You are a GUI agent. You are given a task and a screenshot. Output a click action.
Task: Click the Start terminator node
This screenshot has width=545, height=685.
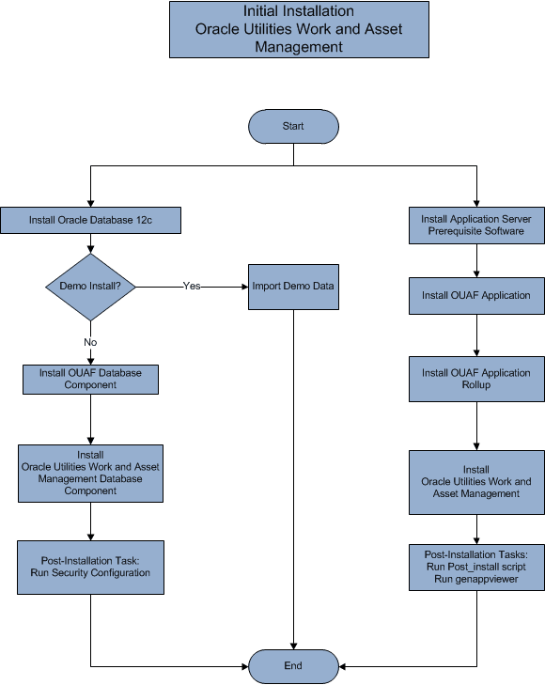pyautogui.click(x=293, y=126)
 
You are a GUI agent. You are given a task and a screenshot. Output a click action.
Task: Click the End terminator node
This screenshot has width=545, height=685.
pyautogui.click(x=293, y=666)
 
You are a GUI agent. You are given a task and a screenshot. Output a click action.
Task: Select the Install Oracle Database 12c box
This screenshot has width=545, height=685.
pyautogui.click(x=90, y=221)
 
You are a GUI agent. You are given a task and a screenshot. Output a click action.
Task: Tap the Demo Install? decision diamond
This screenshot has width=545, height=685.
pyautogui.click(x=90, y=286)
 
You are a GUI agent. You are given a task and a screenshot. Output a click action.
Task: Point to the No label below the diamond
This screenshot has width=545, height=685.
pyautogui.click(x=90, y=342)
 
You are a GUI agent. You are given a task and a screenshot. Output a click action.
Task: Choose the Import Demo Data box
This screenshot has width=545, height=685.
pyautogui.click(x=293, y=286)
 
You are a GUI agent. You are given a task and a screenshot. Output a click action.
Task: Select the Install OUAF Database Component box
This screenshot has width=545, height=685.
pyautogui.click(x=90, y=379)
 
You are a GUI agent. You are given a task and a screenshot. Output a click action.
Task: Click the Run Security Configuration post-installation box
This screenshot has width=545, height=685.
pyautogui.click(x=90, y=567)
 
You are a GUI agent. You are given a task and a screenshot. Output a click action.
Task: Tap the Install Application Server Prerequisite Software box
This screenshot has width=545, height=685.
pyautogui.click(x=476, y=225)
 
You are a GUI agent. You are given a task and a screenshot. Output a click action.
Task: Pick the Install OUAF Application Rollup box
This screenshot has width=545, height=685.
pyautogui.click(x=476, y=379)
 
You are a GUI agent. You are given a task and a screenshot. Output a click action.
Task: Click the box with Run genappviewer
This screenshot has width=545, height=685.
pyautogui.click(x=476, y=567)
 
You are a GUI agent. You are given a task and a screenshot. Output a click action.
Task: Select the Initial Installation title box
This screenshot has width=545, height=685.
pyautogui.click(x=299, y=29)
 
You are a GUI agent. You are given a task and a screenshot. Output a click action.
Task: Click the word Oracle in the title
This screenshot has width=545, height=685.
pyautogui.click(x=217, y=29)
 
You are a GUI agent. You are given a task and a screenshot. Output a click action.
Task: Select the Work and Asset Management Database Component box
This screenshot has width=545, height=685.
pyautogui.click(x=90, y=473)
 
